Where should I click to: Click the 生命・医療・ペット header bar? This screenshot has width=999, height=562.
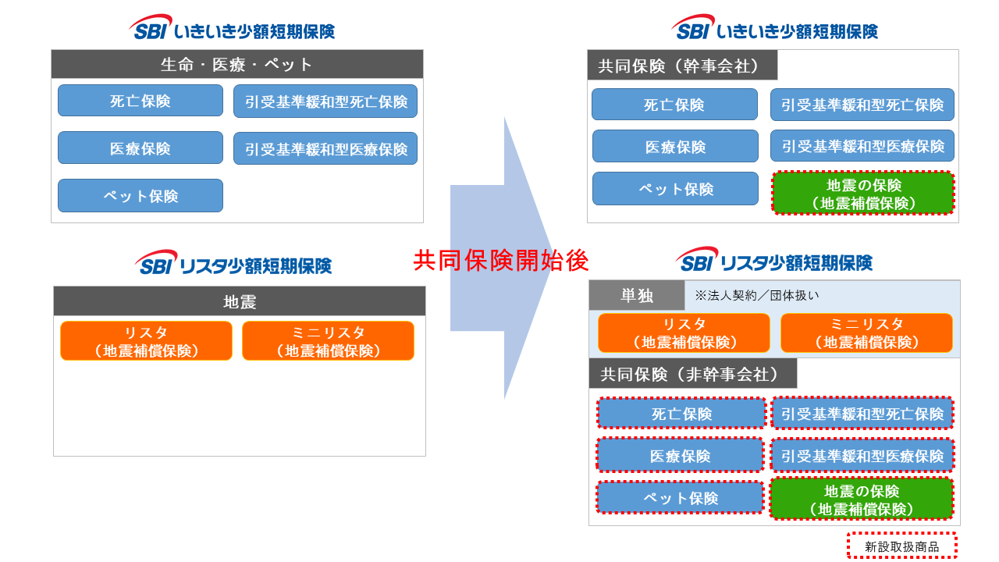tap(237, 65)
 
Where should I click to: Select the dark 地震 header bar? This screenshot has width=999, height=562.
tap(240, 301)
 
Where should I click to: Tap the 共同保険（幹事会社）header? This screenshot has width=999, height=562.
tap(682, 66)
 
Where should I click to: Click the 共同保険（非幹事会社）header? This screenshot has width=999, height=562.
tap(693, 374)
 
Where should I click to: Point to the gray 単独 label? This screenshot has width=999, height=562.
tap(637, 296)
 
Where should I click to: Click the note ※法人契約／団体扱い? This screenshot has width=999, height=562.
tap(756, 296)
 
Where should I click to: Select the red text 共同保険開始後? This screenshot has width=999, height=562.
tap(500, 261)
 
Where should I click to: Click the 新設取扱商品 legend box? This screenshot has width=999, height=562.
tap(901, 546)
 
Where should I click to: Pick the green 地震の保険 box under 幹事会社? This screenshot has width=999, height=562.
tap(863, 194)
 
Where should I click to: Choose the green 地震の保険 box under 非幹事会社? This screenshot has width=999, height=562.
tap(862, 500)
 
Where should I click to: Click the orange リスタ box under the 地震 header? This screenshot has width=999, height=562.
tap(146, 341)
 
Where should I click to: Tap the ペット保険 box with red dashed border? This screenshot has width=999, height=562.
tap(680, 498)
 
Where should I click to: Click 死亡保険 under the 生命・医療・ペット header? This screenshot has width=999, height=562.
tap(140, 101)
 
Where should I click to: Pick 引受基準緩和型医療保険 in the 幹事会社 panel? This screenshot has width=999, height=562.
tap(862, 146)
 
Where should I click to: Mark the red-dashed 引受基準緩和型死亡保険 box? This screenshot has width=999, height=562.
tap(862, 414)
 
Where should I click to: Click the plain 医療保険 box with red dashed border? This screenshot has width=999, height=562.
tap(680, 456)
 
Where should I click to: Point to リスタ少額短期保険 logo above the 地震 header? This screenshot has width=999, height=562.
tap(234, 264)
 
